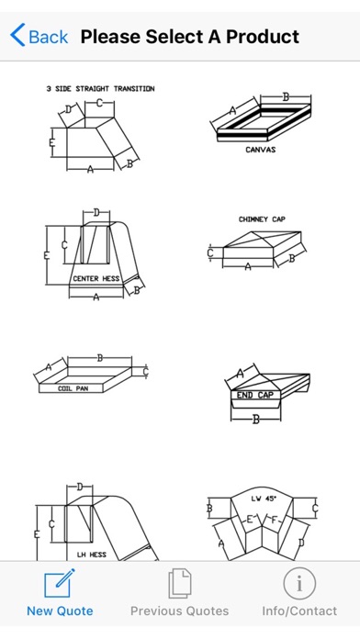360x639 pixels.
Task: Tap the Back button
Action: pyautogui.click(x=39, y=37)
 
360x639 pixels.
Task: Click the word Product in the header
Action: pyautogui.click(x=263, y=37)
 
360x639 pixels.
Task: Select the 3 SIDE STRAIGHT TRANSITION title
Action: pyautogui.click(x=100, y=89)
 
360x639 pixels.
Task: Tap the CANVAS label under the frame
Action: pyautogui.click(x=261, y=150)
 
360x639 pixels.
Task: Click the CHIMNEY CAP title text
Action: pyautogui.click(x=262, y=219)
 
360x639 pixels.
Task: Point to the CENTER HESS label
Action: pyautogui.click(x=96, y=279)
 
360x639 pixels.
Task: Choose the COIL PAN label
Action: pyautogui.click(x=73, y=388)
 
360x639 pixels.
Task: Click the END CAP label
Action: pyautogui.click(x=255, y=395)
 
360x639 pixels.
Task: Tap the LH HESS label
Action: pyautogui.click(x=92, y=555)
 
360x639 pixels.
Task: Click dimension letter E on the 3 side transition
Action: pyautogui.click(x=51, y=142)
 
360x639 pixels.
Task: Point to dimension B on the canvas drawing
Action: pyautogui.click(x=286, y=97)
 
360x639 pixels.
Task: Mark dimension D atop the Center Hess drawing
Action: pyautogui.click(x=96, y=212)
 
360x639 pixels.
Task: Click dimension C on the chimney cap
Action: pyautogui.click(x=210, y=253)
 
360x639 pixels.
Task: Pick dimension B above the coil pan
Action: pyautogui.click(x=99, y=359)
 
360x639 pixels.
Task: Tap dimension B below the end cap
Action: pyautogui.click(x=255, y=420)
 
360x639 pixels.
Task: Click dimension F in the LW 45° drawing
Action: pyautogui.click(x=273, y=520)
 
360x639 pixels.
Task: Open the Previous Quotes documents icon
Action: pyautogui.click(x=179, y=584)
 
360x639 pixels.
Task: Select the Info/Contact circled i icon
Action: pyautogui.click(x=299, y=584)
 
